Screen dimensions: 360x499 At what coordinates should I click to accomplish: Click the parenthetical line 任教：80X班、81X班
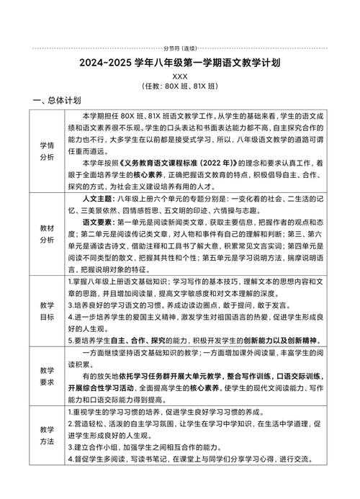(179, 86)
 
